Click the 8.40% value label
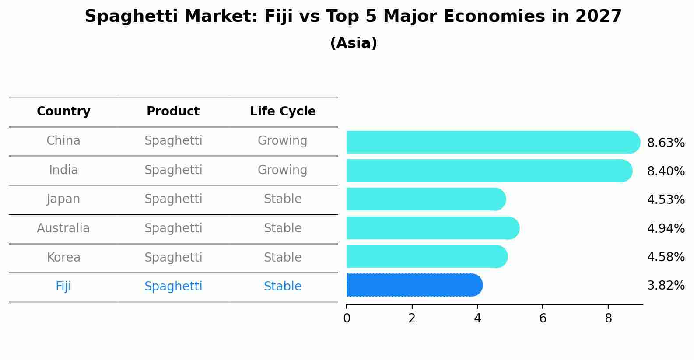666,171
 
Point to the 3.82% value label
666,286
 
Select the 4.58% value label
666,257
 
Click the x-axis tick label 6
543,318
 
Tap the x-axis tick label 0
347,318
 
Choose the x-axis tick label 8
608,318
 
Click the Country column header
63,112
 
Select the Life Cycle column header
283,112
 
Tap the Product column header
173,112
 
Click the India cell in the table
63,170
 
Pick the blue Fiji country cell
63,287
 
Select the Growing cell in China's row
282,141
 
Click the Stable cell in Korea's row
282,257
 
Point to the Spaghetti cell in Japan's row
173,199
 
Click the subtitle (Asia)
354,43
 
